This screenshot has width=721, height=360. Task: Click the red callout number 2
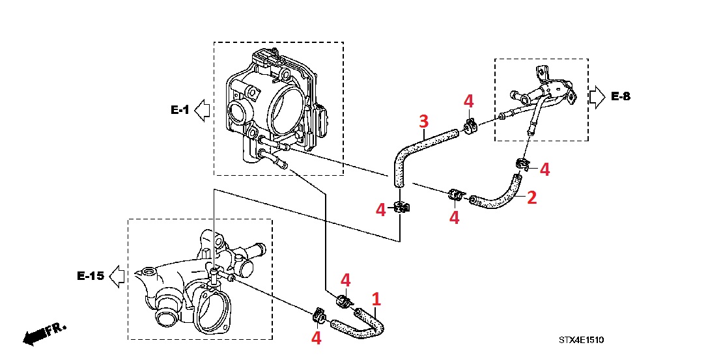(x=531, y=197)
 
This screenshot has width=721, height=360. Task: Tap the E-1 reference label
(x=180, y=111)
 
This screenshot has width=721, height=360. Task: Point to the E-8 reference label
(x=621, y=97)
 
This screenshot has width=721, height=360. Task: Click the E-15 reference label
(x=91, y=276)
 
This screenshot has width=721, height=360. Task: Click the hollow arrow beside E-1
(x=203, y=111)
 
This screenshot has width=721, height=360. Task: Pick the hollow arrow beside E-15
(x=118, y=276)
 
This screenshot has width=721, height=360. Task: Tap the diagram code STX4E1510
(x=581, y=340)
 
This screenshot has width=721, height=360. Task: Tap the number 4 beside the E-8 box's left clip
(x=468, y=101)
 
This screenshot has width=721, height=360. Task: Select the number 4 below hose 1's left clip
(x=317, y=338)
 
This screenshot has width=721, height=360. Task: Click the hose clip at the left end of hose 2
(x=456, y=195)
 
